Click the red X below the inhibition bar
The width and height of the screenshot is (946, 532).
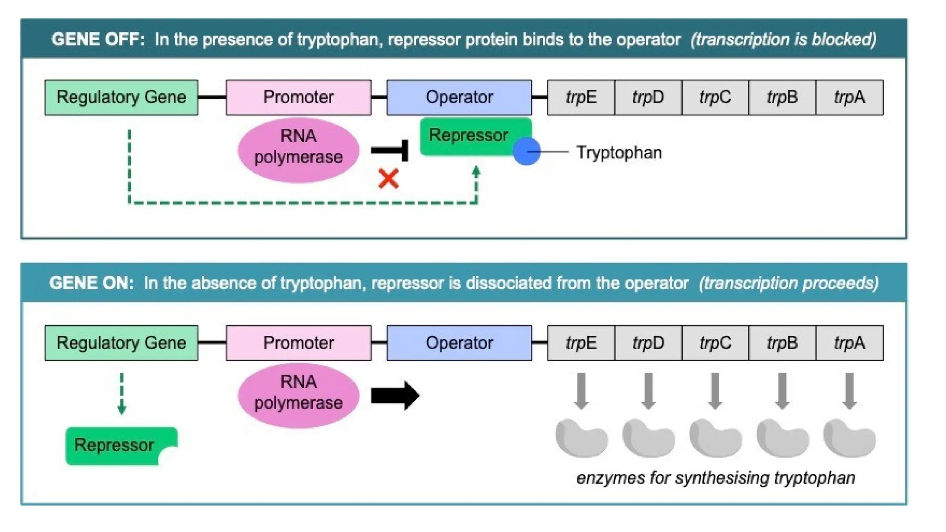[388, 179]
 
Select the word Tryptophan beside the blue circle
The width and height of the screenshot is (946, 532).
[619, 152]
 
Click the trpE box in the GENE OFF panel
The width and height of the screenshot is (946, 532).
[581, 97]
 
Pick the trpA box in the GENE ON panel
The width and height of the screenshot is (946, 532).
[849, 343]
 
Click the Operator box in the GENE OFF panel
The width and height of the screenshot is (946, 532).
[459, 97]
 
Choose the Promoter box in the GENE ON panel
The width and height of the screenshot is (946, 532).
[298, 343]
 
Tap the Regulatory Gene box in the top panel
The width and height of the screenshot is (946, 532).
[121, 97]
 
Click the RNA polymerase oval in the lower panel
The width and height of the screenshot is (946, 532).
[298, 395]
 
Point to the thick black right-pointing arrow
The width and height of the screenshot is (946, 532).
[394, 395]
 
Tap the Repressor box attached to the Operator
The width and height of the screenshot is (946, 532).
[469, 136]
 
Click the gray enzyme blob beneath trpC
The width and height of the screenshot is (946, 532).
[715, 438]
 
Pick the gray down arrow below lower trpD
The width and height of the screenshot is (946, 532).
[648, 391]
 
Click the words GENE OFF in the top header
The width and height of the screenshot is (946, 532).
[97, 39]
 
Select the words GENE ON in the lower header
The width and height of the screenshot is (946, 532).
[91, 283]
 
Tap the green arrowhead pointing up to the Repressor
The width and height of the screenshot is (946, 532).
[476, 172]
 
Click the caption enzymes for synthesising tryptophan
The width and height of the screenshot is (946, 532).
[715, 478]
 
